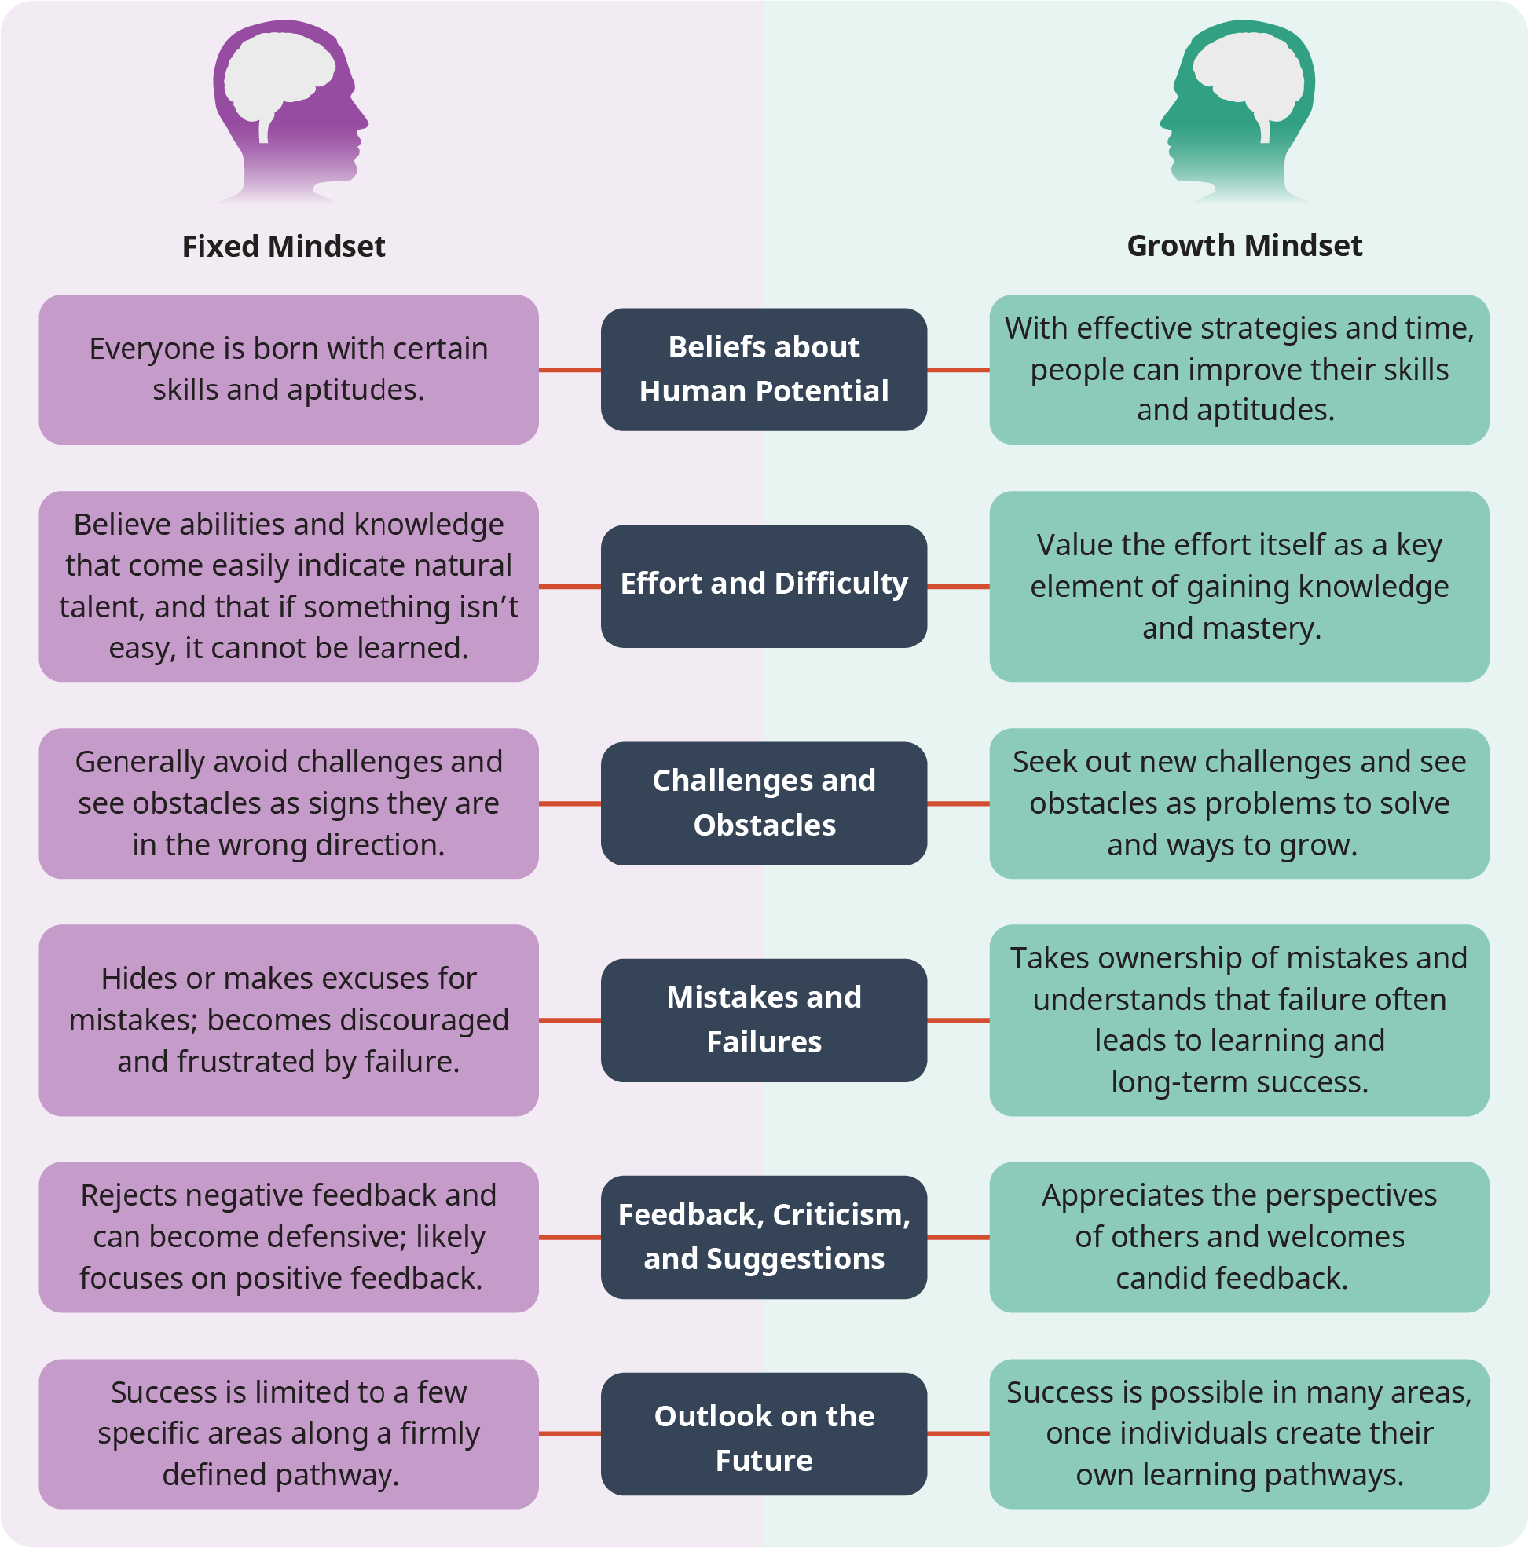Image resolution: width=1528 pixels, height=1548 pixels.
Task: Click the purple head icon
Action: point(290,112)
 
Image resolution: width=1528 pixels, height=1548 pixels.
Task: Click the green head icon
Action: point(1237,112)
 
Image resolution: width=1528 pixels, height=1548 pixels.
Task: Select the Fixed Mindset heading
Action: point(284,246)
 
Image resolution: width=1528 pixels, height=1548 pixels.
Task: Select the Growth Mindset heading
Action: point(1244,245)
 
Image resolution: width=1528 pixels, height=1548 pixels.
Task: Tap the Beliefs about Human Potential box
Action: point(764,369)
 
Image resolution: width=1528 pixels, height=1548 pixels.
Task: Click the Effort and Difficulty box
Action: point(764,586)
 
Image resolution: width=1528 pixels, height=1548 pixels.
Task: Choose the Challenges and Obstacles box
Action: point(764,803)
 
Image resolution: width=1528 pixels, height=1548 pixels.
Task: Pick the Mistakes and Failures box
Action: point(764,1020)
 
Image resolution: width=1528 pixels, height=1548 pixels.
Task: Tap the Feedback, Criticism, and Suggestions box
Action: point(764,1237)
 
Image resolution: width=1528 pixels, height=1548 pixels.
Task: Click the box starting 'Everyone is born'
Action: point(288,369)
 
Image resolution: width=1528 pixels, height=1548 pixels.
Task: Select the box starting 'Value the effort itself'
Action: point(1240,586)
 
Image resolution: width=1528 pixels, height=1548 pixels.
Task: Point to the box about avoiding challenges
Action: point(288,803)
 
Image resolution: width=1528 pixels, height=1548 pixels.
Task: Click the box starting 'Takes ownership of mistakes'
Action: point(1240,1020)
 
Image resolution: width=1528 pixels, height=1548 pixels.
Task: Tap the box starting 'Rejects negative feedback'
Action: point(288,1237)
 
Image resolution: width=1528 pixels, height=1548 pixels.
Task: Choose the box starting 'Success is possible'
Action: point(1240,1434)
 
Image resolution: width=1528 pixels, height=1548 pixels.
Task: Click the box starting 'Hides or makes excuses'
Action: point(288,1020)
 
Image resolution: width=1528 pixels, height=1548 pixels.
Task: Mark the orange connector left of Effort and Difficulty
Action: point(570,587)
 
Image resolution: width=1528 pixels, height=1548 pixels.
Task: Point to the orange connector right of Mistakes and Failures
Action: point(958,1020)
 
